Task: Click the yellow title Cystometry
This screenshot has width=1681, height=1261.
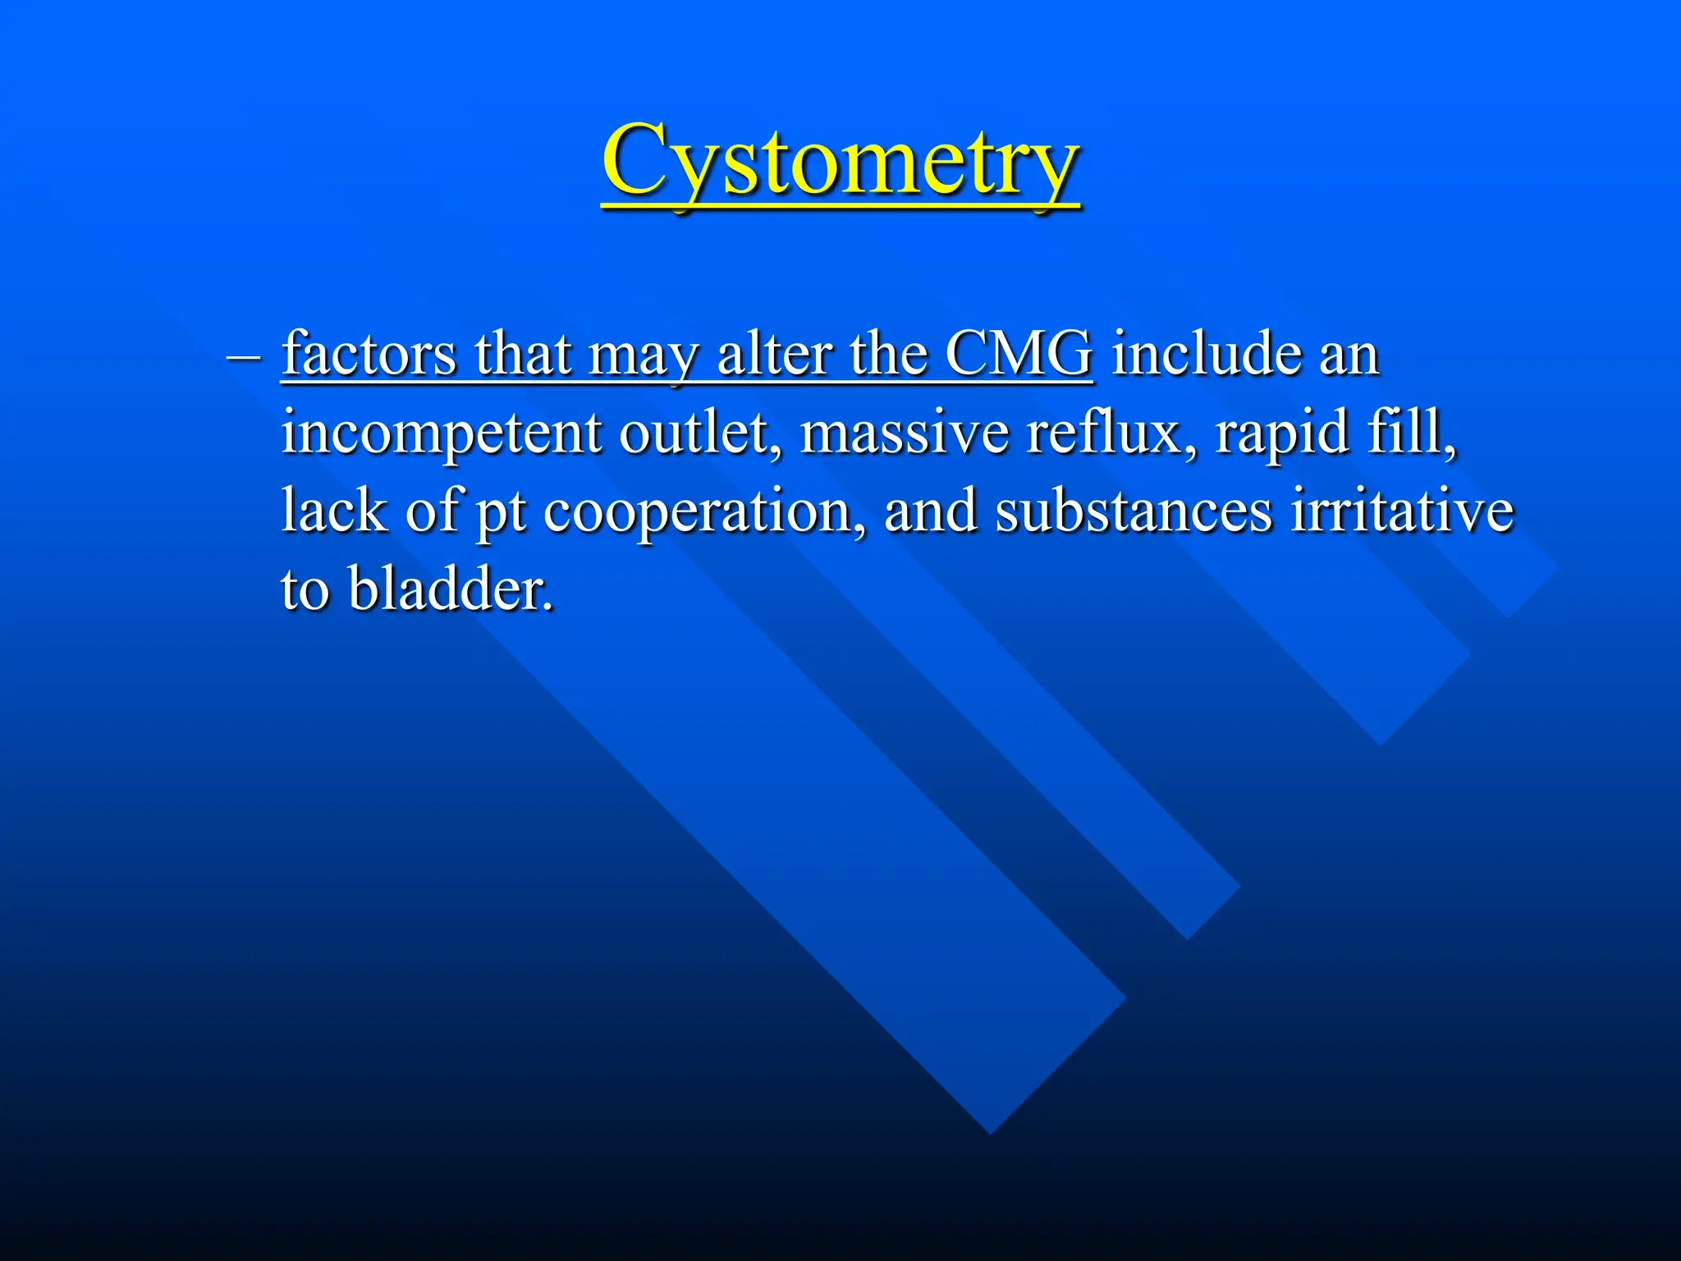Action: (840, 162)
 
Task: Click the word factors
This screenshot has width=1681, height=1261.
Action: (369, 355)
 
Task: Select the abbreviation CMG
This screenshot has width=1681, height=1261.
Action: (1018, 355)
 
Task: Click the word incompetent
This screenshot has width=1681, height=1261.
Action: (440, 433)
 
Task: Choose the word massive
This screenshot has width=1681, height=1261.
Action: (904, 432)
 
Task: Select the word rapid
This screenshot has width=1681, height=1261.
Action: (1281, 433)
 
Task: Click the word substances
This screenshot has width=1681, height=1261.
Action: (1134, 511)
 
